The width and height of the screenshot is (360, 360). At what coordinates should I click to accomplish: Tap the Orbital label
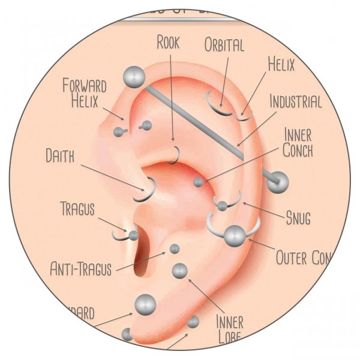(x=224, y=46)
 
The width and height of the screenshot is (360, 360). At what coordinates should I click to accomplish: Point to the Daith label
(x=61, y=157)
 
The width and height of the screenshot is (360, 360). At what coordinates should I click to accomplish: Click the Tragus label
(x=79, y=209)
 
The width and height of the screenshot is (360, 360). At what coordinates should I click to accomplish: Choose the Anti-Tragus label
(x=81, y=268)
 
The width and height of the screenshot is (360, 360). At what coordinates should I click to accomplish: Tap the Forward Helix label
(x=85, y=91)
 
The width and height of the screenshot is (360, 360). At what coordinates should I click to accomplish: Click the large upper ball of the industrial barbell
(x=134, y=77)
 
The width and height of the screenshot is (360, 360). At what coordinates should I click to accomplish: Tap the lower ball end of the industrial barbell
(x=277, y=182)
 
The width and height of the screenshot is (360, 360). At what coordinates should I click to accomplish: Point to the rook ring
(x=175, y=154)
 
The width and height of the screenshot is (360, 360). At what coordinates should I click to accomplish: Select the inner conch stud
(x=199, y=182)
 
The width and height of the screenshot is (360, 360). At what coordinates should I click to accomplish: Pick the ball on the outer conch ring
(x=233, y=236)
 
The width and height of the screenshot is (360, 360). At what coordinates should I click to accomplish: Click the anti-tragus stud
(x=175, y=248)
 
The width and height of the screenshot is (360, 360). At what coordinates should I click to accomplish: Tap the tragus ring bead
(x=133, y=235)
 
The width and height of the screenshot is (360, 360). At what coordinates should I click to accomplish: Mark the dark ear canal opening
(x=142, y=255)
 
